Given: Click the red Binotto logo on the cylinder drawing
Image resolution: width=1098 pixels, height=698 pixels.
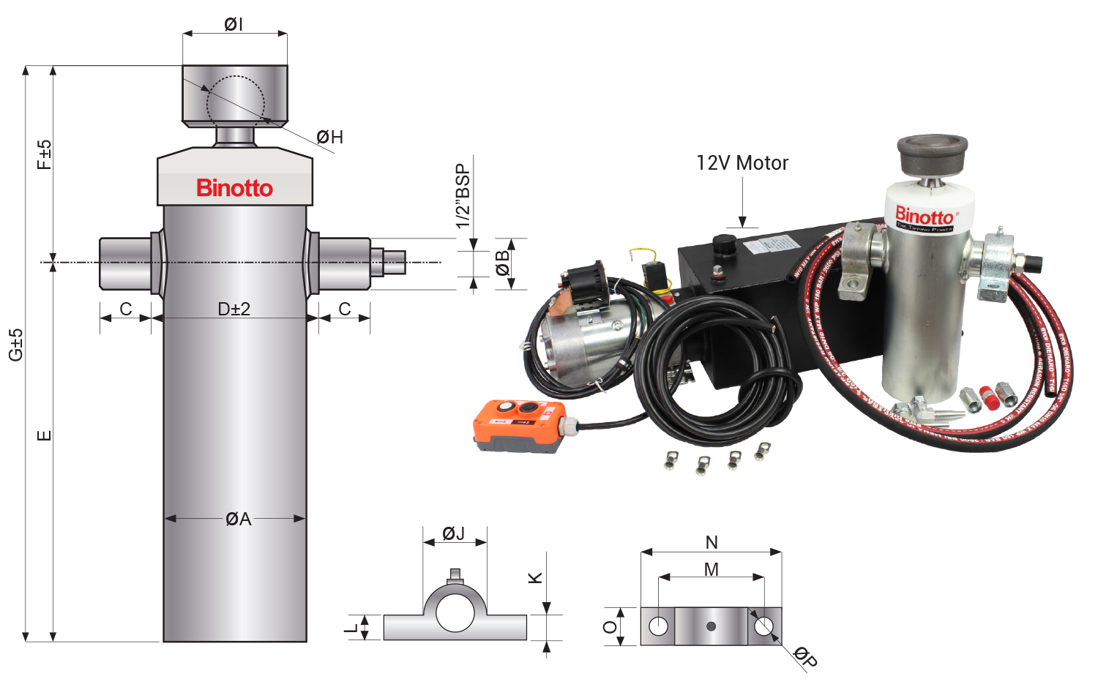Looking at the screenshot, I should tap(234, 188).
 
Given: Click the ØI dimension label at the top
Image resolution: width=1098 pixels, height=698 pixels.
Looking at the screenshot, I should tap(234, 24).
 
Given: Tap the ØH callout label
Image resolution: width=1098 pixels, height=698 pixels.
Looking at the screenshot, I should tap(329, 137).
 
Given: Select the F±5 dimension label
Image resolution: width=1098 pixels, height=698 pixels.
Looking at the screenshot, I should tap(45, 154).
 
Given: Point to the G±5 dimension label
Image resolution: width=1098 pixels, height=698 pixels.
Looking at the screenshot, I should tap(15, 344).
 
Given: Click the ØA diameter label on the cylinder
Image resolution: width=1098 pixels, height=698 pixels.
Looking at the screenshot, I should tap(238, 519).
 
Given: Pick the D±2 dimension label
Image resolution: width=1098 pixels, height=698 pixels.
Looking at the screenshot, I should tap(234, 309).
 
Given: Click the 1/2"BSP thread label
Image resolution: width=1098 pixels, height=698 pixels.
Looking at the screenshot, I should tap(463, 196).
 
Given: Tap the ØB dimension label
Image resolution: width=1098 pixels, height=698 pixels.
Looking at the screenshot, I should tap(502, 263).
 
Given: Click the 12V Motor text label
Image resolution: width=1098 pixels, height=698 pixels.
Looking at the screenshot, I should tap(742, 162).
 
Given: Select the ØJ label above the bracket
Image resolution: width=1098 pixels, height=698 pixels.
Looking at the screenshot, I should tap(454, 533).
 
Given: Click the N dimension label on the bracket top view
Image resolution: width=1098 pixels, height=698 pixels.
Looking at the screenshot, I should tap(712, 542).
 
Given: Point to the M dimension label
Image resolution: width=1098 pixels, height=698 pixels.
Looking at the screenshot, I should tap(712, 569).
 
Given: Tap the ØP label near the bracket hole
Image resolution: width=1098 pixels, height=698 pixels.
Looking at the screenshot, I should tap(805, 656).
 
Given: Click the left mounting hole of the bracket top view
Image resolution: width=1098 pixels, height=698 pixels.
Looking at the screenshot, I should tap(658, 626).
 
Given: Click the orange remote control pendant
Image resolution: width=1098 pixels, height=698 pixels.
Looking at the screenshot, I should tap(520, 424).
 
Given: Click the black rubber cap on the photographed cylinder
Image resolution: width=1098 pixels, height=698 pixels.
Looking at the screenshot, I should tap(932, 154).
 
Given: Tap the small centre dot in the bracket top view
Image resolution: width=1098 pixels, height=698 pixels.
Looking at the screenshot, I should tap(711, 626).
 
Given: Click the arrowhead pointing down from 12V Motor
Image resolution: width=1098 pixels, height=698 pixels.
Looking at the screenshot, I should tap(742, 222).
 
